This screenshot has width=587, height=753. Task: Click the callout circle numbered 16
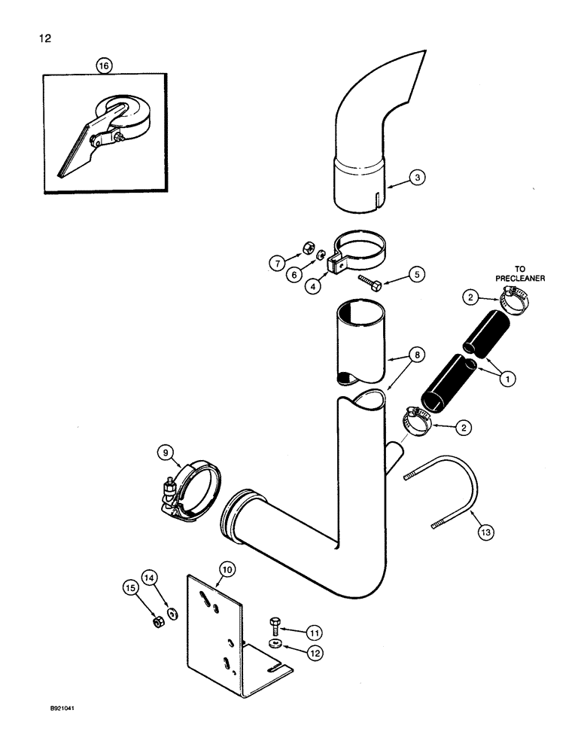(x=104, y=66)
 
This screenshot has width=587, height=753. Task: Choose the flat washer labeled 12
(x=274, y=645)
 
